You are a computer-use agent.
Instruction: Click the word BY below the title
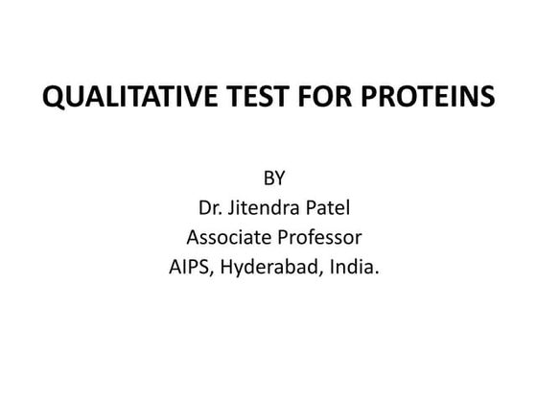point(273,178)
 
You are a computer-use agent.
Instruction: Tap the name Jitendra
point(262,207)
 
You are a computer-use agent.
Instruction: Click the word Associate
point(227,236)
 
